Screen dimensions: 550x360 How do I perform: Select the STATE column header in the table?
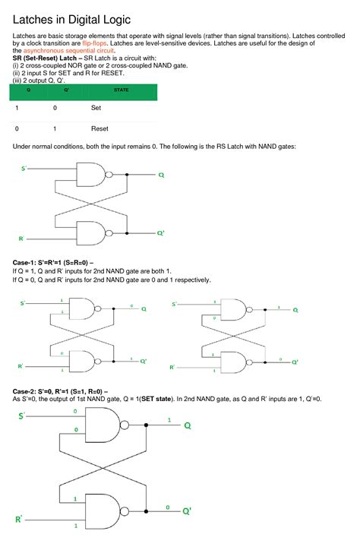(x=121, y=90)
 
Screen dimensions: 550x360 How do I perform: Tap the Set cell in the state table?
(x=96, y=108)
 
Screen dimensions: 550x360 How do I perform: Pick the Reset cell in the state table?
(x=99, y=128)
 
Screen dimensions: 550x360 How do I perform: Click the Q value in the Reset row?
(x=17, y=128)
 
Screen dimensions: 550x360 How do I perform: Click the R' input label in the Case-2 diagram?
(x=18, y=519)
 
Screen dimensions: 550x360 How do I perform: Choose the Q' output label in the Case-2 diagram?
(x=187, y=512)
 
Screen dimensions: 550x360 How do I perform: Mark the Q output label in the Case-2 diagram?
(x=187, y=425)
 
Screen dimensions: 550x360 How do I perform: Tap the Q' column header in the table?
(x=56, y=90)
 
